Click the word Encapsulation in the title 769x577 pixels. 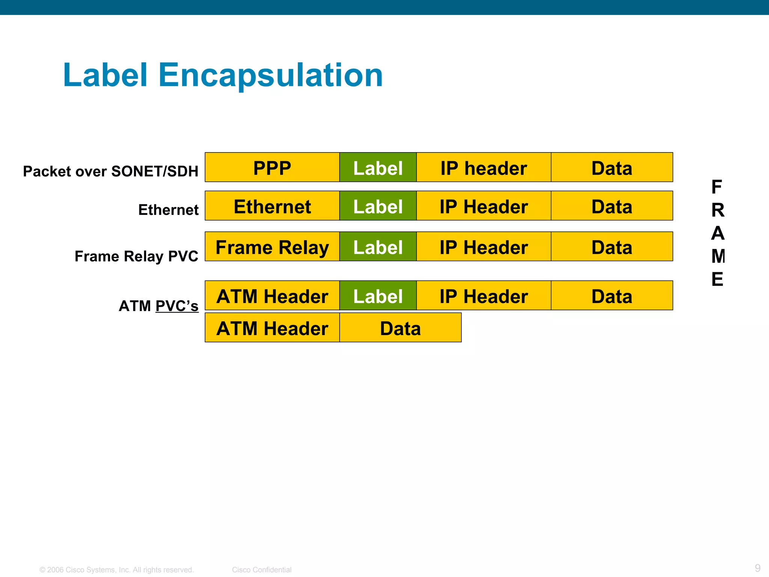(270, 76)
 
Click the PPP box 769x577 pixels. (272, 168)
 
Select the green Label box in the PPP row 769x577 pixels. (378, 168)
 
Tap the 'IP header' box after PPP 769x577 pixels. (484, 168)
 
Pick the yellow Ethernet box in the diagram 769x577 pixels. (272, 206)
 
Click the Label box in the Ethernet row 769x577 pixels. (378, 206)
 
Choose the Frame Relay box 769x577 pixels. (272, 247)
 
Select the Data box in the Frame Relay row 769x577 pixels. (612, 247)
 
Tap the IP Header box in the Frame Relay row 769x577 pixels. (484, 247)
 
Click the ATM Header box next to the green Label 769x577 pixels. (272, 296)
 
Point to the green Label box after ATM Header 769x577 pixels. (378, 296)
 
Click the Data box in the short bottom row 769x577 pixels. (400, 328)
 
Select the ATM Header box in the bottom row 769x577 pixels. (272, 328)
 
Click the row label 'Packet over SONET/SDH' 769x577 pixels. (110, 171)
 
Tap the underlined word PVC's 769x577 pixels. (177, 306)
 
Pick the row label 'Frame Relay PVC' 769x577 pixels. (136, 256)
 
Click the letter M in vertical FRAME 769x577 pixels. (718, 256)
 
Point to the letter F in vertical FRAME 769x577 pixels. (717, 187)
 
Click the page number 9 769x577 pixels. (757, 568)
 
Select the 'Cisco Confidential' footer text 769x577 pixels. (262, 569)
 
